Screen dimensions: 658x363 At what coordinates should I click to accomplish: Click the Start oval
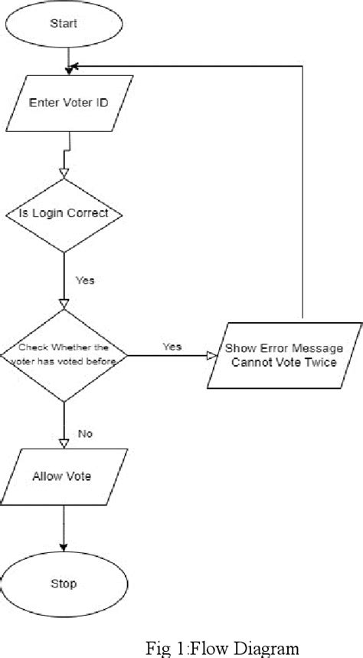point(64,24)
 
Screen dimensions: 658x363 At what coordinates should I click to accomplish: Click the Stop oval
point(64,584)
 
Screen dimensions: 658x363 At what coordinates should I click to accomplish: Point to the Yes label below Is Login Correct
point(85,281)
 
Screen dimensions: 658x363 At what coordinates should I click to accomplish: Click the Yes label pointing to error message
point(172,347)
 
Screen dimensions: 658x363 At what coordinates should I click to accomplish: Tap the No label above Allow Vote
point(85,434)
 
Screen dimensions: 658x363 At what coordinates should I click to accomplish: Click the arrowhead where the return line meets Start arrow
point(71,70)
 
